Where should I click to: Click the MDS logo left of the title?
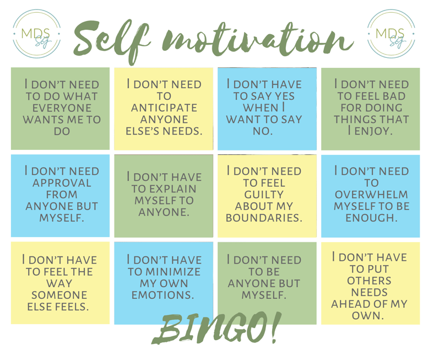click(37, 34)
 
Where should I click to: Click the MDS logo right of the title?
click(391, 34)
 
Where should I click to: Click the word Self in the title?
click(111, 41)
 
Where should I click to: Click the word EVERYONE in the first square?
click(62, 108)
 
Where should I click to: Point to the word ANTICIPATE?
click(164, 108)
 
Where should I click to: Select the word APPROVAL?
click(62, 183)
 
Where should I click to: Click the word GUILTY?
click(264, 195)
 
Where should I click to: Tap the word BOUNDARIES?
click(264, 218)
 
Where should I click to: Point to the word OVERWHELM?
click(371, 195)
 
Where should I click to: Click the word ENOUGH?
click(371, 218)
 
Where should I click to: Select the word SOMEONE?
click(59, 295)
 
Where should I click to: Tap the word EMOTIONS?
click(162, 295)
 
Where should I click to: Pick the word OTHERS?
click(369, 281)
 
